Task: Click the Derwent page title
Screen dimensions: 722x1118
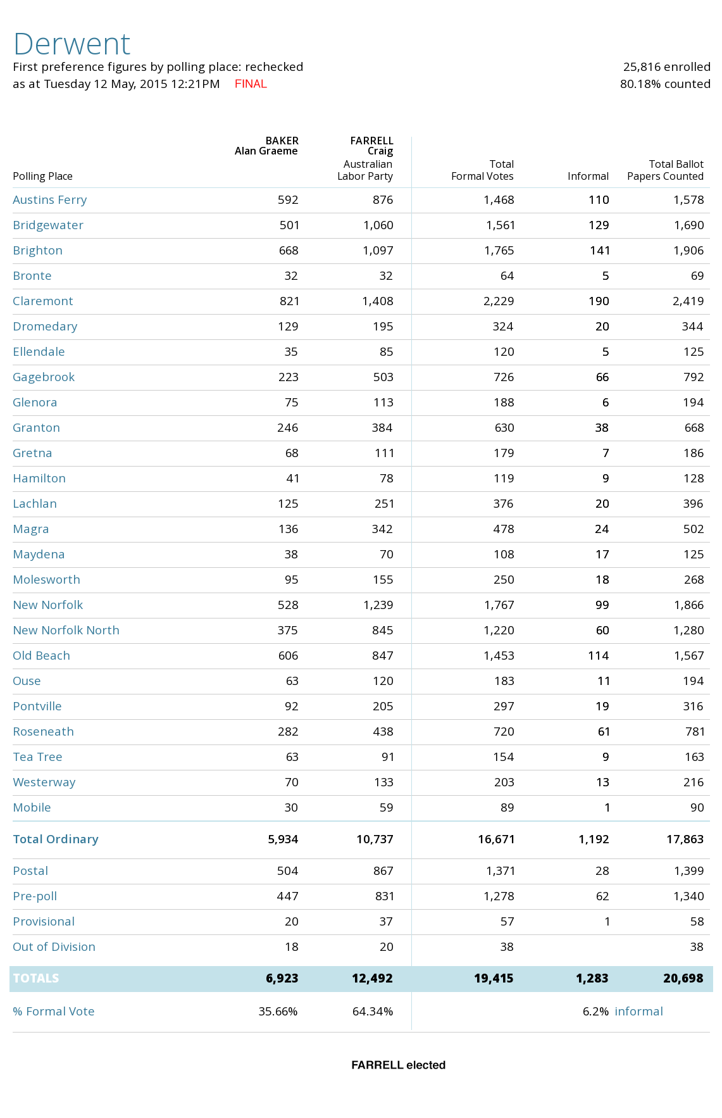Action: [72, 44]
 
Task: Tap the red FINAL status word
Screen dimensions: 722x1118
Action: [251, 84]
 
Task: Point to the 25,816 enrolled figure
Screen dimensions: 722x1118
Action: [666, 67]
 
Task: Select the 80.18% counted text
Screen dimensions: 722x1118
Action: [664, 84]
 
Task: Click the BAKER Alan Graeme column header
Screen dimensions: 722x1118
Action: [266, 146]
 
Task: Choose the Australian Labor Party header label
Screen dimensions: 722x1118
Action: [365, 170]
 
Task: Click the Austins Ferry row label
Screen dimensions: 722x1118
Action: [50, 200]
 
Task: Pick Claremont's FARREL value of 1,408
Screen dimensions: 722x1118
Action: [378, 301]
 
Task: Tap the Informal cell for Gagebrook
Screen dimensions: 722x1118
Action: [602, 377]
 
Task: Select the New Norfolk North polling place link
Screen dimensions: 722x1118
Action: [66, 631]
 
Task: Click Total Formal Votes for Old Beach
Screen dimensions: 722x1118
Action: [499, 656]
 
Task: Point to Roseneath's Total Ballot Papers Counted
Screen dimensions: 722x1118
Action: [695, 732]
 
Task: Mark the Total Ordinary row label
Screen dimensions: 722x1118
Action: [56, 839]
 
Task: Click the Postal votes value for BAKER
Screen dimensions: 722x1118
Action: [287, 871]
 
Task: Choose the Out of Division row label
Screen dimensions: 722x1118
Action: [54, 947]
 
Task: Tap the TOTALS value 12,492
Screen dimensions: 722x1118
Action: [372, 979]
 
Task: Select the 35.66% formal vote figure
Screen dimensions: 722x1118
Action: [278, 1012]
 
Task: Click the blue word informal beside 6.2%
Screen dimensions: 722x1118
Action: [638, 1012]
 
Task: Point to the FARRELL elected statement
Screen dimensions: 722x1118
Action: [398, 1065]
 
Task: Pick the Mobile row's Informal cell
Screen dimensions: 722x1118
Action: [607, 808]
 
